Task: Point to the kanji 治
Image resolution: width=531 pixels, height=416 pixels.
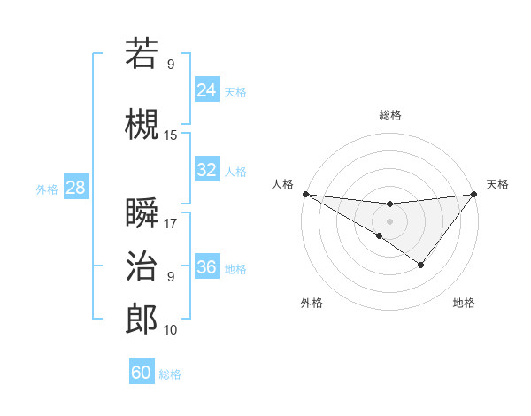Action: [142, 266]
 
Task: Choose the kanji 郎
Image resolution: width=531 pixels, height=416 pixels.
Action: [142, 319]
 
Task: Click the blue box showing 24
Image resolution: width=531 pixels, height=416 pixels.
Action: [206, 90]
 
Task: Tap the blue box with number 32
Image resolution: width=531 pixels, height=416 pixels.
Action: [206, 170]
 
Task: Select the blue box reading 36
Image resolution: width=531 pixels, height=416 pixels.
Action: [206, 267]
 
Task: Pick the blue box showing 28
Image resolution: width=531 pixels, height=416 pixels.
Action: [74, 188]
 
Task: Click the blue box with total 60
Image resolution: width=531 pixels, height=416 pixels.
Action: [142, 373]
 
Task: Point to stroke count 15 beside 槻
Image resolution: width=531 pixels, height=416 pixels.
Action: [171, 135]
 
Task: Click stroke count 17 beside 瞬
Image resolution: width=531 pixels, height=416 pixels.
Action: [171, 224]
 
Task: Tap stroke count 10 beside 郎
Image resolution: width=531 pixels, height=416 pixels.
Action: [171, 330]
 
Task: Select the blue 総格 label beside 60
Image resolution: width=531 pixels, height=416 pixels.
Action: [170, 374]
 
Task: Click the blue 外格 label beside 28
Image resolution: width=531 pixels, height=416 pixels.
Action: [47, 189]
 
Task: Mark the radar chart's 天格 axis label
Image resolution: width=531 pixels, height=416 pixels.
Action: [497, 184]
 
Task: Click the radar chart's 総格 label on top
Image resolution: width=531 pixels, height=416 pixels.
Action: [389, 115]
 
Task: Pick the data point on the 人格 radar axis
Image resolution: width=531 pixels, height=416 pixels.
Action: [305, 194]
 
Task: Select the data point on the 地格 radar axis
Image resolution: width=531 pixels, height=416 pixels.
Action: [421, 265]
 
